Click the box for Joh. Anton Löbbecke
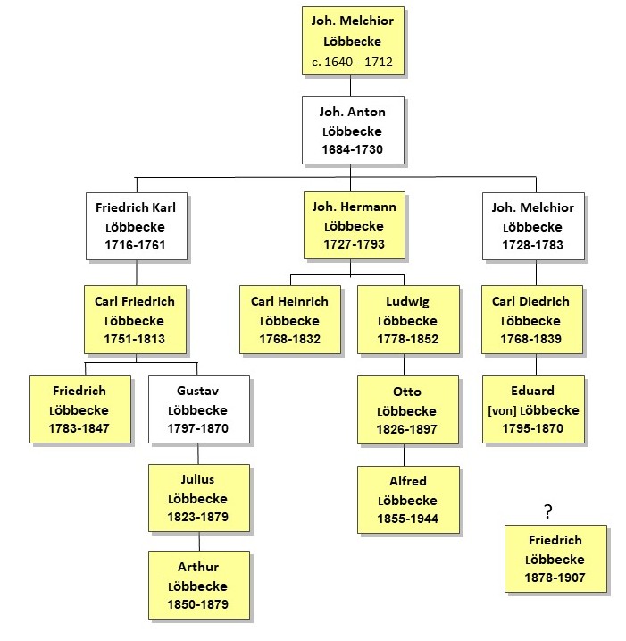(x=353, y=130)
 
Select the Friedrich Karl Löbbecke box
(x=137, y=226)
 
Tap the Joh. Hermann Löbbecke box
(x=354, y=225)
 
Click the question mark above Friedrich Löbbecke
(x=548, y=511)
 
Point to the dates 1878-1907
(x=555, y=578)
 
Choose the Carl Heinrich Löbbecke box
(x=290, y=319)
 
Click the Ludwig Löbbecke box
(x=408, y=319)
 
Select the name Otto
(x=407, y=392)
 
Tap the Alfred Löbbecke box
(x=408, y=500)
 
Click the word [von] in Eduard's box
(x=502, y=410)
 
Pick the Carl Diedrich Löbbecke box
(x=532, y=319)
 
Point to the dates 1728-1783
(x=532, y=245)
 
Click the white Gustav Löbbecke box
(x=199, y=409)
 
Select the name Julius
(x=197, y=479)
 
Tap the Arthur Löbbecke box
(x=199, y=585)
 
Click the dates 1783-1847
(x=79, y=428)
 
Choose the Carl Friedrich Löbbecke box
(x=135, y=319)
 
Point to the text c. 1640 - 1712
(x=352, y=62)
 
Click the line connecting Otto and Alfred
(x=405, y=455)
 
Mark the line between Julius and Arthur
(x=199, y=541)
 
